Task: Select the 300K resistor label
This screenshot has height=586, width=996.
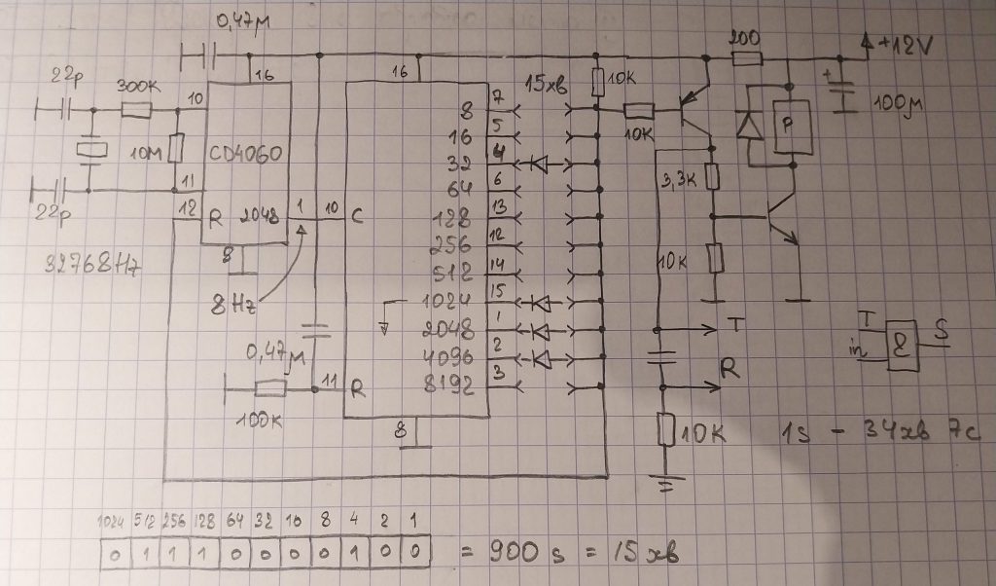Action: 135,87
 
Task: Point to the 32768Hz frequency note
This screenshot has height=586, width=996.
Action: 89,264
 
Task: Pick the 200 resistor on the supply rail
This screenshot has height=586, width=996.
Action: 746,58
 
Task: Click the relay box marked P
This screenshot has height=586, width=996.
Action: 790,127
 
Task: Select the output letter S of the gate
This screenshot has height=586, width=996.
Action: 943,330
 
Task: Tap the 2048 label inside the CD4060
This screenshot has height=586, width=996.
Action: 259,216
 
